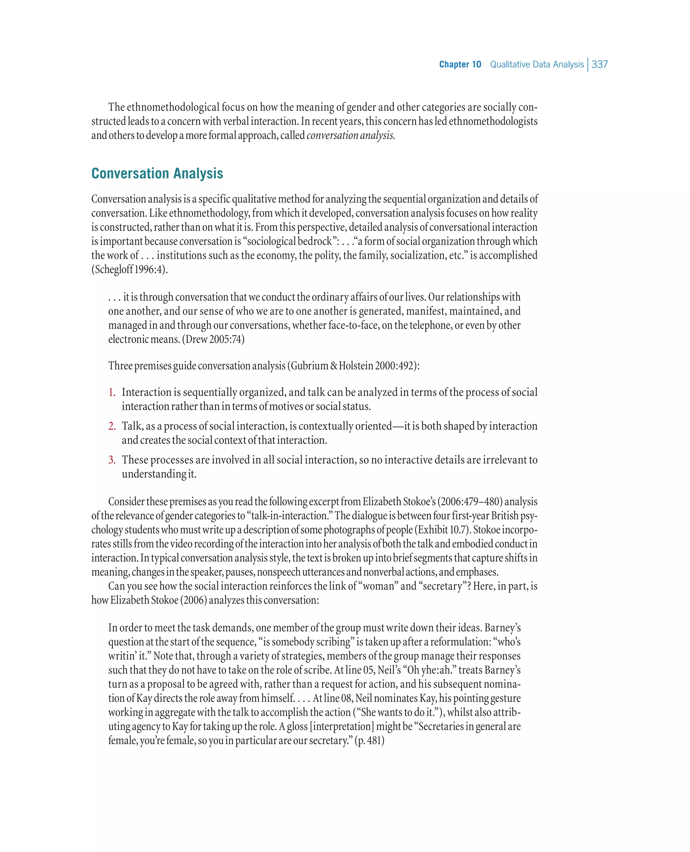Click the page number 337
pos(599,64)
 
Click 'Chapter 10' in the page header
pos(460,64)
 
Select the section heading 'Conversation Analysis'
pos(157,173)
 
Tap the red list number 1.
pos(112,392)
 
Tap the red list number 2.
pos(112,426)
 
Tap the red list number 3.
pos(112,460)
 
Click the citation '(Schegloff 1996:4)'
pos(130,269)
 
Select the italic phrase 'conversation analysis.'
pos(351,135)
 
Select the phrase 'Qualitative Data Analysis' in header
pos(537,64)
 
